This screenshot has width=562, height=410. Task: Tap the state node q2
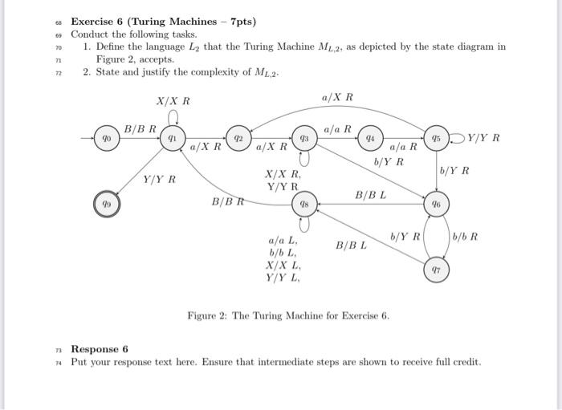tap(238, 139)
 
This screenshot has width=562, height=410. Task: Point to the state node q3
tap(304, 139)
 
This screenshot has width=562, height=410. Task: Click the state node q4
tap(369, 139)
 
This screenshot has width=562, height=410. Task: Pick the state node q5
tap(437, 139)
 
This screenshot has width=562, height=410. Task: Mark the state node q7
tap(437, 270)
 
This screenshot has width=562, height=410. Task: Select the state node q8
tap(304, 205)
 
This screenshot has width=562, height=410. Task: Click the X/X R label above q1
tap(173, 101)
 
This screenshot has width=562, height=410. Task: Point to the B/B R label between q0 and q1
tap(140, 128)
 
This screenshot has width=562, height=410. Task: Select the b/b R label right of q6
tap(466, 237)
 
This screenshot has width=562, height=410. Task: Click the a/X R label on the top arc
tap(336, 97)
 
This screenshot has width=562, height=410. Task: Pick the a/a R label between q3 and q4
tap(336, 128)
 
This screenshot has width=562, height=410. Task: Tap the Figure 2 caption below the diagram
tap(287, 315)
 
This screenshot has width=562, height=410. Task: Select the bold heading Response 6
tap(100, 349)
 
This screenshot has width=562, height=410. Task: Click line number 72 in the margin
tap(57, 72)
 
